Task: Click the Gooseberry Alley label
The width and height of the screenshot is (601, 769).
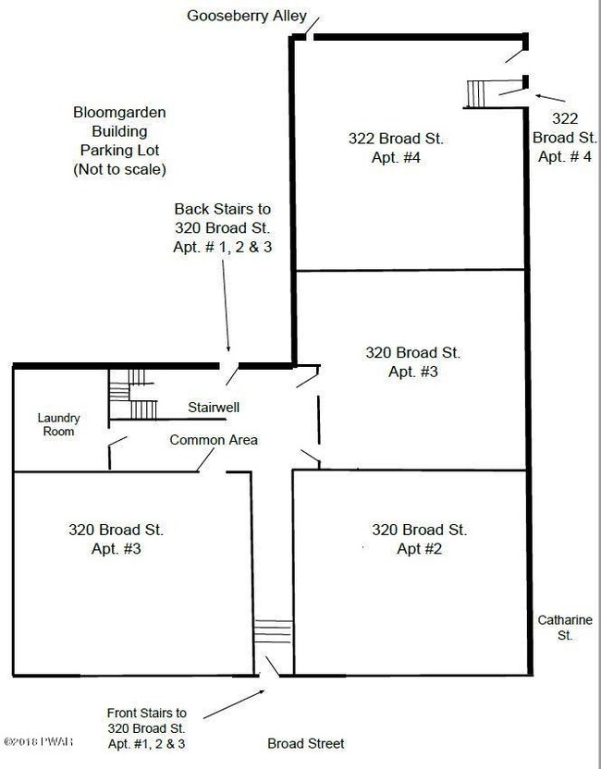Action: coord(247,15)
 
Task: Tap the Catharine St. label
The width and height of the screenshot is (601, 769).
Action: coord(565,628)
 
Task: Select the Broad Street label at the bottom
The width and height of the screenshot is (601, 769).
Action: coord(305,743)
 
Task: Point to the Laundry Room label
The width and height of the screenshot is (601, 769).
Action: coord(58,424)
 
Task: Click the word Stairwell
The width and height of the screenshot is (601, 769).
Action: coord(215,407)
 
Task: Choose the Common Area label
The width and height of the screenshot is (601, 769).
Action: coord(214,440)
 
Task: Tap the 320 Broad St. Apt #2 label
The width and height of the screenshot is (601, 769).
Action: coord(419,539)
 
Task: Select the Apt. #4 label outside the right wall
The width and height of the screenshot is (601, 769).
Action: coord(564,137)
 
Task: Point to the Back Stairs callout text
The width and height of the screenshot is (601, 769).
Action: coord(222,228)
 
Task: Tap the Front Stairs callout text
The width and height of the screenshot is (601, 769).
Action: coord(146,727)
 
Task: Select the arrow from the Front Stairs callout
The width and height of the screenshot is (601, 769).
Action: coord(225,704)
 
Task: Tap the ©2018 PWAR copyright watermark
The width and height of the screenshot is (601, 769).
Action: coord(43,741)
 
